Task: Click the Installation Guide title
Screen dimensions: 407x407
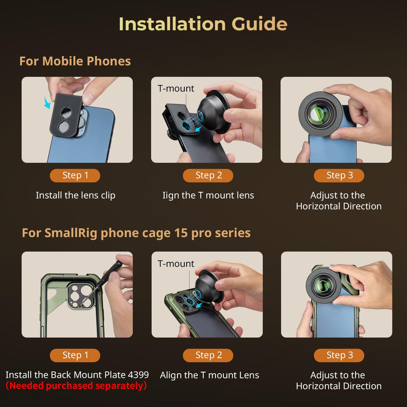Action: click(x=203, y=24)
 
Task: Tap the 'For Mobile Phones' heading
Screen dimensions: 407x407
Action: click(x=75, y=61)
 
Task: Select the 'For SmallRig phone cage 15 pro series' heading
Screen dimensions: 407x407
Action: click(x=136, y=233)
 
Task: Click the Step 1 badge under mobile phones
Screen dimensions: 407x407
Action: click(x=75, y=175)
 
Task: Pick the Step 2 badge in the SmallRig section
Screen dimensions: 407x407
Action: click(x=208, y=355)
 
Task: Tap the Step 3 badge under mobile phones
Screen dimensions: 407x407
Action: click(x=339, y=175)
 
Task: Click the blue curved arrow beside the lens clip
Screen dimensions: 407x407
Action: click(x=47, y=102)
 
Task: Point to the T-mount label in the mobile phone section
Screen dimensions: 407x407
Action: click(x=176, y=89)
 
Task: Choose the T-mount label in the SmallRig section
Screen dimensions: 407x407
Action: click(x=176, y=264)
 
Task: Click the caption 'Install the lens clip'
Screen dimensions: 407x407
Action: click(x=76, y=195)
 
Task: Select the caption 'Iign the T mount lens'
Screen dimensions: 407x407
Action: click(x=208, y=195)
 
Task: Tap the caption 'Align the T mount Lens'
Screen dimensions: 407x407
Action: click(x=210, y=375)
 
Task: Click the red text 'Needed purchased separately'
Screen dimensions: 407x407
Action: click(x=76, y=386)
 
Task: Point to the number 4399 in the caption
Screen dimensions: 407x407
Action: click(x=138, y=375)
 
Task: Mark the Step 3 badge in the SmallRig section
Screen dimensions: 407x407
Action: click(x=339, y=355)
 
